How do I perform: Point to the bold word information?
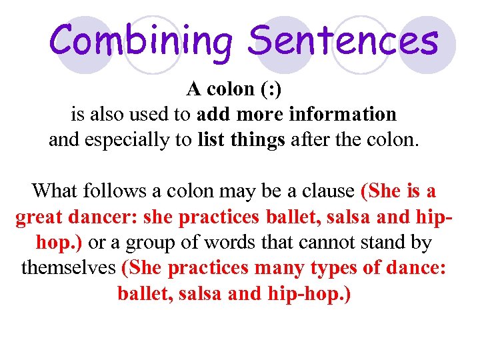pos(343,114)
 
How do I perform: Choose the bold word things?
pos(257,141)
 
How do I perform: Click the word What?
pos(55,191)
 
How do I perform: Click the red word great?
pos(41,217)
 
